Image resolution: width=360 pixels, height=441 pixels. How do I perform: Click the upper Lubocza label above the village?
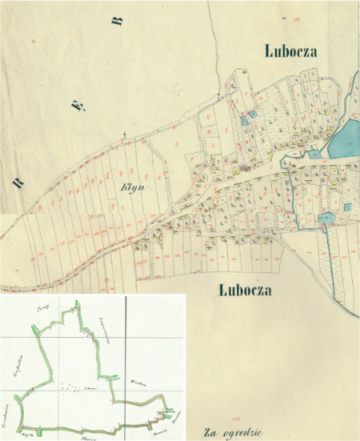click(291, 51)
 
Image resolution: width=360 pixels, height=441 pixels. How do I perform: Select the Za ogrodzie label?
click(232, 432)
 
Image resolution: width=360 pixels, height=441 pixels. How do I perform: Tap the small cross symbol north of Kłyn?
click(125, 134)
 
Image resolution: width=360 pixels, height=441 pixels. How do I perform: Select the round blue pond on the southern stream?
click(326, 218)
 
